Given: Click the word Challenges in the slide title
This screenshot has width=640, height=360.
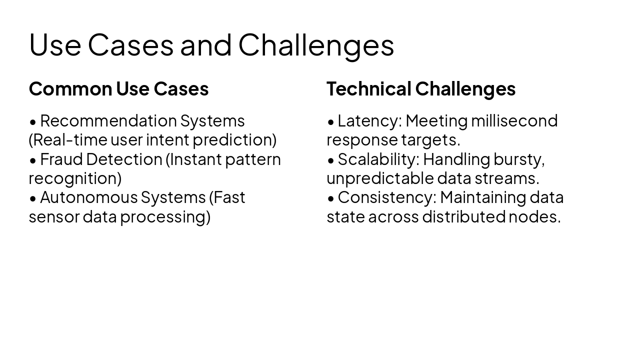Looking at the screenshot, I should (316, 45).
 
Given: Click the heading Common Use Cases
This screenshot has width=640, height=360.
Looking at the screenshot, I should (118, 89).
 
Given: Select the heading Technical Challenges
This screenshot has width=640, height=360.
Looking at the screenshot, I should (420, 89).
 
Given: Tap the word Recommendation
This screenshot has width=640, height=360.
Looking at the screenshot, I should (108, 121).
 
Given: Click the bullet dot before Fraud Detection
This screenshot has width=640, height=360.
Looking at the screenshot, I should (33, 160).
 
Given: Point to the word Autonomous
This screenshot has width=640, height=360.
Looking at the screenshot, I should (88, 197).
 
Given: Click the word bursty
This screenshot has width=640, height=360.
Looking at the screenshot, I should (518, 159).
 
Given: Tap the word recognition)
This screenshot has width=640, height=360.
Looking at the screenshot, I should (75, 178).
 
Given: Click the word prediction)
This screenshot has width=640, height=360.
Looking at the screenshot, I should (234, 140).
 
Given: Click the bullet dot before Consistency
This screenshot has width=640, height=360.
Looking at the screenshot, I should (331, 198).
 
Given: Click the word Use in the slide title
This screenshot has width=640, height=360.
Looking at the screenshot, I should (55, 45).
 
